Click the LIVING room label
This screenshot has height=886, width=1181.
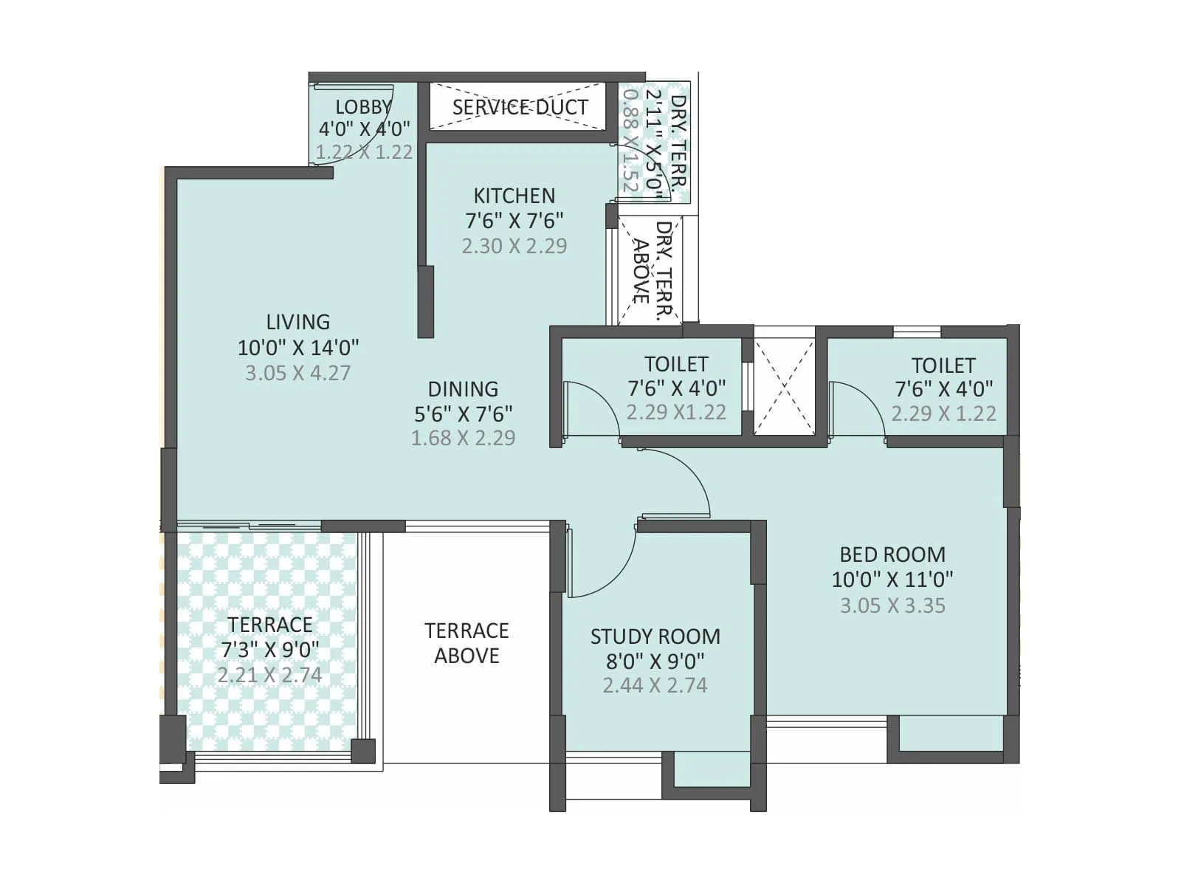click(x=297, y=322)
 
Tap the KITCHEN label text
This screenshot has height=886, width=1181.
click(x=514, y=196)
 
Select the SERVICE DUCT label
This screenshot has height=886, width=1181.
click(x=520, y=108)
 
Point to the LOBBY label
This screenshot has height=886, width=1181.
click(x=362, y=107)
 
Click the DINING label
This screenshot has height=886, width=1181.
click(x=463, y=389)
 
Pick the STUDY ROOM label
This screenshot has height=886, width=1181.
click(x=655, y=636)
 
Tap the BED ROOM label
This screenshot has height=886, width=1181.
click(x=892, y=554)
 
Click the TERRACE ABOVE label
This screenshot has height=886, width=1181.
click(x=466, y=642)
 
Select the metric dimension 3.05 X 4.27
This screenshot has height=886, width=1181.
click(x=297, y=373)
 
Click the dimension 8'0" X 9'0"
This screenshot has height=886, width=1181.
click(x=655, y=661)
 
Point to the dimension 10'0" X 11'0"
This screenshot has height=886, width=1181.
click(x=892, y=580)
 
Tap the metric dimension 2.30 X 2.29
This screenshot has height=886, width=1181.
click(x=514, y=246)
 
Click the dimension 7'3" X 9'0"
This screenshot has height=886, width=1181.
click(x=270, y=650)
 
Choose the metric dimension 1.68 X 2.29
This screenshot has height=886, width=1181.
click(x=463, y=438)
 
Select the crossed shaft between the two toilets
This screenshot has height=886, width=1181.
click(x=785, y=388)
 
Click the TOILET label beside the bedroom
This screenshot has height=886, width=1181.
click(x=943, y=365)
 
